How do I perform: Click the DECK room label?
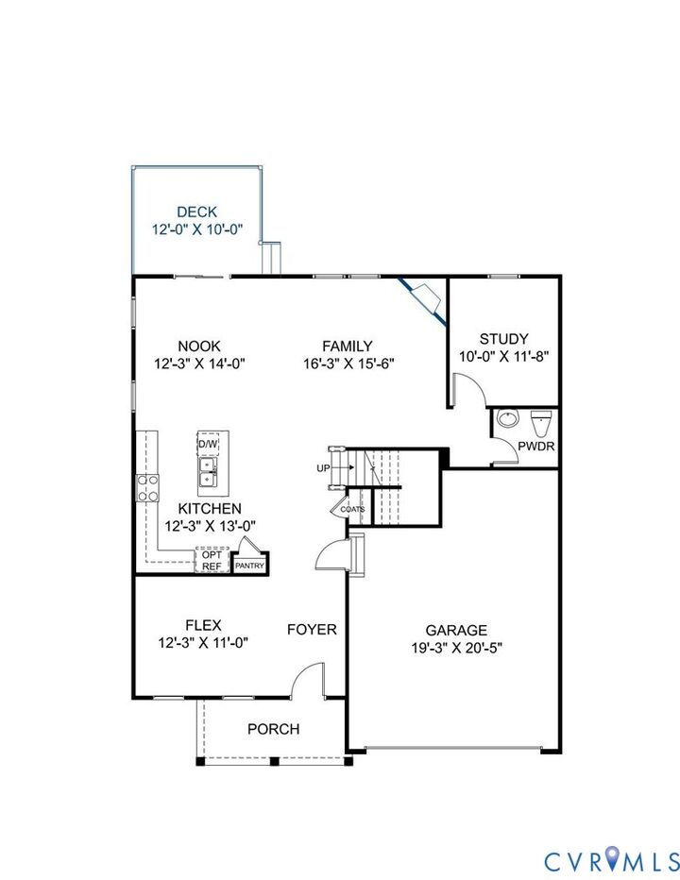pyautogui.click(x=196, y=212)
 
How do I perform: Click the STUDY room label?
pyautogui.click(x=503, y=339)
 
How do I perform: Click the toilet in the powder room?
pyautogui.click(x=541, y=419)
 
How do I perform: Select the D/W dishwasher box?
pyautogui.click(x=208, y=444)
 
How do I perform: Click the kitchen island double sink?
pyautogui.click(x=208, y=472)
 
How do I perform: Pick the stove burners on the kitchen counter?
pyautogui.click(x=149, y=486)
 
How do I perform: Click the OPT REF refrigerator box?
pyautogui.click(x=212, y=560)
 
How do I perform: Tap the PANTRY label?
pyautogui.click(x=250, y=566)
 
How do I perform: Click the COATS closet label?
pyautogui.click(x=353, y=509)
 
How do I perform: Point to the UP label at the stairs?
pyautogui.click(x=323, y=468)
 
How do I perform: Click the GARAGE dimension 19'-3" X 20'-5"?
pyautogui.click(x=456, y=648)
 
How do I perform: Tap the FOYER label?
pyautogui.click(x=312, y=629)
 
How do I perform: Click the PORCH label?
pyautogui.click(x=273, y=729)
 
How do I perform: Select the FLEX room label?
pyautogui.click(x=203, y=624)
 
